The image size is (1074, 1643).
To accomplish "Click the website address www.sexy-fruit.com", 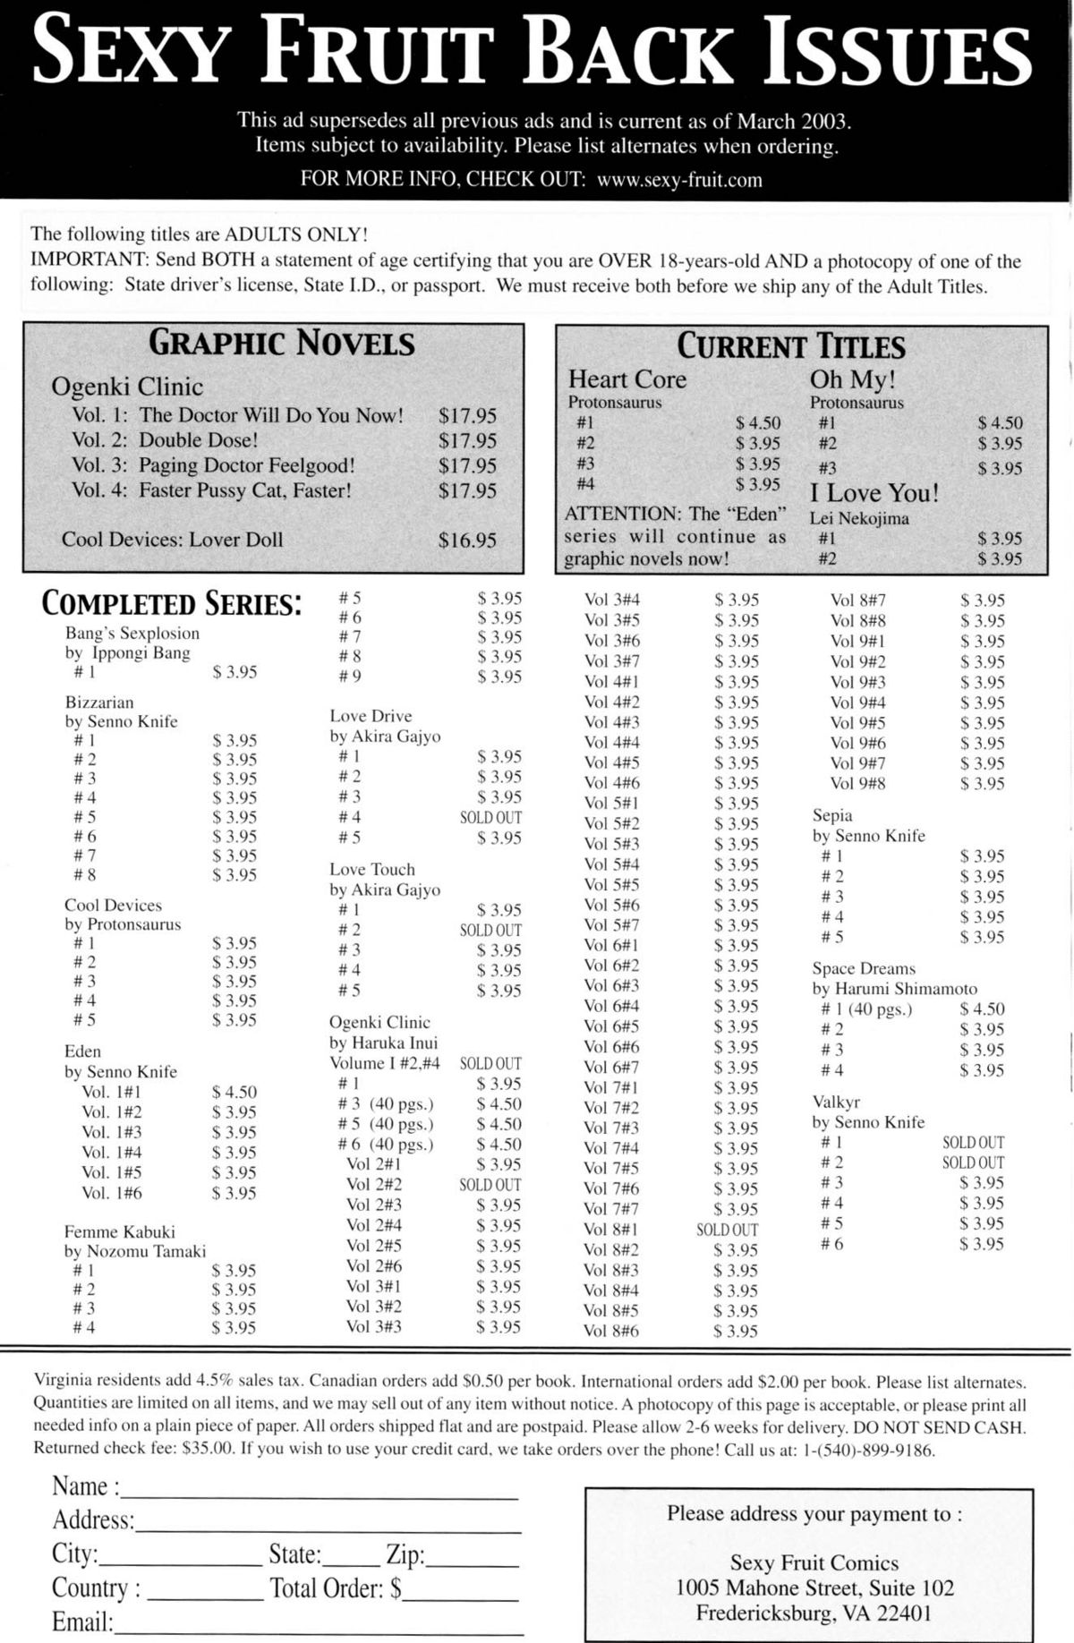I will click(x=679, y=179).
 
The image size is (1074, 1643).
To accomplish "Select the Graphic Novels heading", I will click(x=281, y=343).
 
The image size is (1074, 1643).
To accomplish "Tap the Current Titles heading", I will click(x=790, y=345).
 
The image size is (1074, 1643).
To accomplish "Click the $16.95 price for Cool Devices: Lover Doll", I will click(x=467, y=540).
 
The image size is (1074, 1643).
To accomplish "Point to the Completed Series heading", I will click(x=171, y=604).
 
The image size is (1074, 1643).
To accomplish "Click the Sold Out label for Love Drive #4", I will click(x=490, y=818).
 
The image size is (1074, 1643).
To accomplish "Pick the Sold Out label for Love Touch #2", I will click(x=490, y=931).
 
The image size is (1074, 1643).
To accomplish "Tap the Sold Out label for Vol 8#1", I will click(x=727, y=1230).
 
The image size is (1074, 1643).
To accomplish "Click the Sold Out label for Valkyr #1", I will click(x=973, y=1143).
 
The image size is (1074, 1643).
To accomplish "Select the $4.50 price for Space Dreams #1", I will click(x=982, y=1009).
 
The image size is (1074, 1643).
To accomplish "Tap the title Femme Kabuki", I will click(x=120, y=1232).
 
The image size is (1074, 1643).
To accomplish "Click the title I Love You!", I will click(x=874, y=493).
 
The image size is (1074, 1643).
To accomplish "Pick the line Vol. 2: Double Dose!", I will click(x=165, y=440).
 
